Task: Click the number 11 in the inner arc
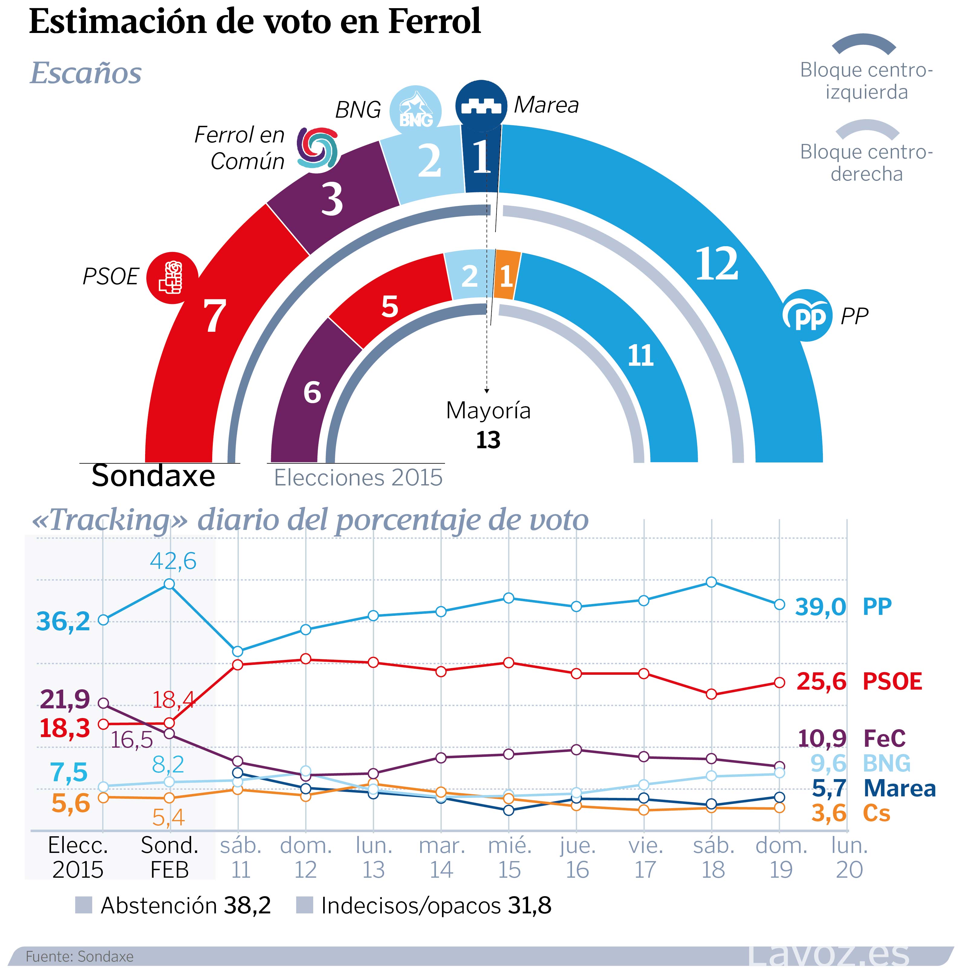click(x=640, y=356)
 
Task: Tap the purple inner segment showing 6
click(x=312, y=393)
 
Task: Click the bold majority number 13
click(x=488, y=440)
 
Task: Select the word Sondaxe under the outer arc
click(x=153, y=476)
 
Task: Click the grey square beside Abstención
click(x=83, y=905)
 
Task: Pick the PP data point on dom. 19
click(x=779, y=605)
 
